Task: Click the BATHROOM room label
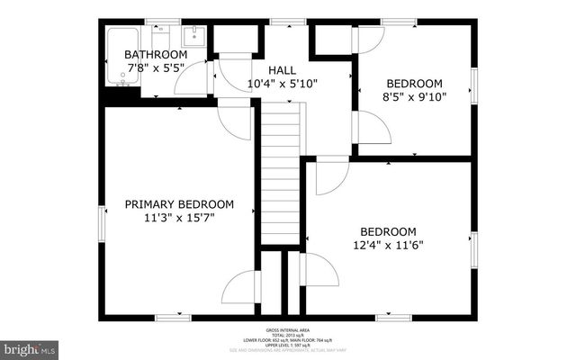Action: (x=156, y=54)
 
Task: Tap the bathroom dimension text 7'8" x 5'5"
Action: (x=156, y=67)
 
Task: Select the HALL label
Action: (x=282, y=69)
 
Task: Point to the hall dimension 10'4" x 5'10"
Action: (x=282, y=83)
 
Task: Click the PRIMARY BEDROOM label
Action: (x=179, y=204)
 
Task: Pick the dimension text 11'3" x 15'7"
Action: (x=179, y=217)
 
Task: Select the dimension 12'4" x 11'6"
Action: (x=388, y=244)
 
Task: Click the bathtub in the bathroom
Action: (x=121, y=57)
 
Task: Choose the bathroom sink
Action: (x=193, y=37)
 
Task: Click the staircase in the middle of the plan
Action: (x=280, y=171)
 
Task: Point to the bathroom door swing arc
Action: (x=191, y=79)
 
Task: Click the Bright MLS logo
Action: (x=30, y=347)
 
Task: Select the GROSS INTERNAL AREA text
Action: (x=286, y=331)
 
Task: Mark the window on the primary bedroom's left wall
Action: (x=101, y=221)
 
